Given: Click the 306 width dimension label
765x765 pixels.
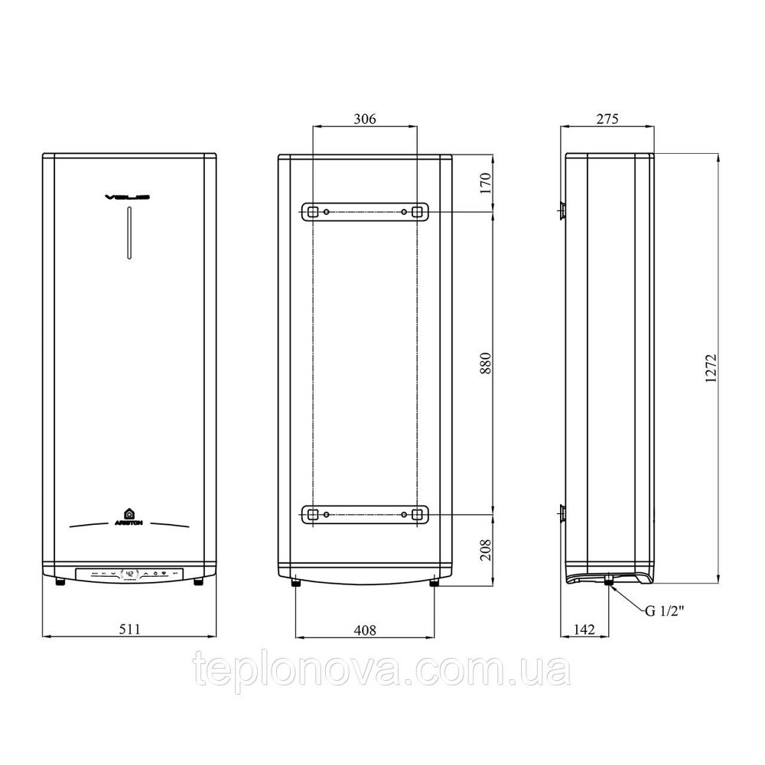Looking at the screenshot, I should [365, 119].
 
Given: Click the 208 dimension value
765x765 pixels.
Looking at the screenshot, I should [484, 549].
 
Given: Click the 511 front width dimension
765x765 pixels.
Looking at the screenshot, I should [129, 629].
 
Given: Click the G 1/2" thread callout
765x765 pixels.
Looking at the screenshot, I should [662, 610].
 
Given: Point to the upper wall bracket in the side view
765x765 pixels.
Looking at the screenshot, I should [562, 210].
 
